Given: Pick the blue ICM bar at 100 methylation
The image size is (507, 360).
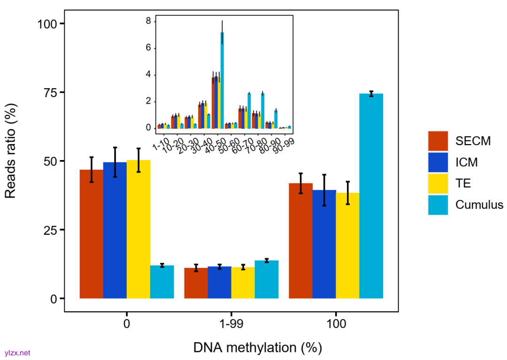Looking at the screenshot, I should [x=324, y=244].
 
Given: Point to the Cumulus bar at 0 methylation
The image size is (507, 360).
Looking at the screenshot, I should [x=162, y=282].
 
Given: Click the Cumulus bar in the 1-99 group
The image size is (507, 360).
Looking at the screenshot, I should [x=267, y=279].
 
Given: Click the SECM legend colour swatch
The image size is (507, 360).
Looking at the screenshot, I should [x=438, y=141].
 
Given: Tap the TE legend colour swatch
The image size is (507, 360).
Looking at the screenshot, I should [x=438, y=184].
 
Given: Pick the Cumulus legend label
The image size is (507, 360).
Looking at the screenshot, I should [x=479, y=205].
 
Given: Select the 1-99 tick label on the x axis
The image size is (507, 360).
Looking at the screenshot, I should [x=231, y=324].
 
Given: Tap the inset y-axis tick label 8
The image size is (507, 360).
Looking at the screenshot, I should [x=148, y=21].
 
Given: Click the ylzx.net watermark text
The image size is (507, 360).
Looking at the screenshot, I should [x=17, y=352].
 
